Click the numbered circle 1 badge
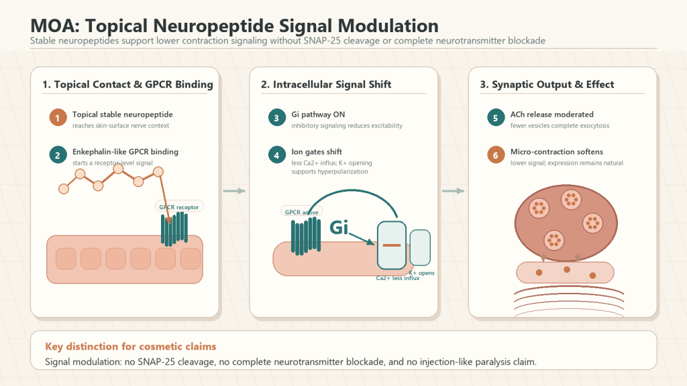pos(58,118)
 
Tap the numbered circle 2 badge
pos(58,155)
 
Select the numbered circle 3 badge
pos(276,118)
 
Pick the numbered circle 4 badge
pos(276,155)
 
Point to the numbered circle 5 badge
pos(496,118)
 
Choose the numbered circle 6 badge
pos(496,155)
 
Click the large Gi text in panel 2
pos(339,227)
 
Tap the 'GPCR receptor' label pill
pos(178,206)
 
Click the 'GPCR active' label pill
pos(301,212)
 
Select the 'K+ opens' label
pos(421,273)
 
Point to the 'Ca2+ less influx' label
pos(397,278)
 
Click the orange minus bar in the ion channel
pos(392,245)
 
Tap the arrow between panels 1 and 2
pos(234,191)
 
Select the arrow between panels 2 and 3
pos(453,191)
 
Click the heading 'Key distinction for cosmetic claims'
pos(131,346)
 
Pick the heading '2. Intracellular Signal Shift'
pos(326,84)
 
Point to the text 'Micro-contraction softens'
pos(556,151)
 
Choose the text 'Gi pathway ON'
pos(318,114)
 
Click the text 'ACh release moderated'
pos(551,114)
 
